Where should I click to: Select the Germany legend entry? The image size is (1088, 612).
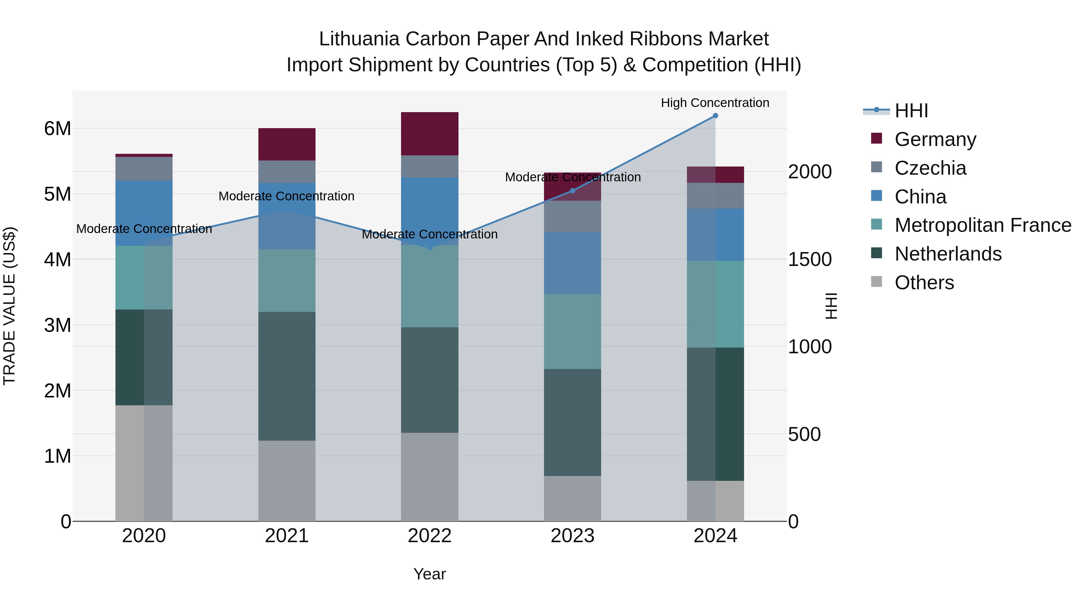(935, 139)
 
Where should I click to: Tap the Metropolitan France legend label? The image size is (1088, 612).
(983, 225)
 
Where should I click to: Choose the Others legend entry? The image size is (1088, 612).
(924, 283)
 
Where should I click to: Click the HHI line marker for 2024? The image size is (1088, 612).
(715, 116)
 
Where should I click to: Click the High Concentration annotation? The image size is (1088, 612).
(715, 103)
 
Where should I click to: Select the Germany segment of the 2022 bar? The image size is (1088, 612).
(429, 134)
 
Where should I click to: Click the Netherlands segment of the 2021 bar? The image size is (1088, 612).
(287, 376)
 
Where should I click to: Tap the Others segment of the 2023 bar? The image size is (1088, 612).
(572, 498)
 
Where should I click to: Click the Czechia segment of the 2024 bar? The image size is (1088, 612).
(715, 196)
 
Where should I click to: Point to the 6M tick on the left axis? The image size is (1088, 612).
(57, 128)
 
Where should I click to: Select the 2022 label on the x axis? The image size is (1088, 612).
(429, 536)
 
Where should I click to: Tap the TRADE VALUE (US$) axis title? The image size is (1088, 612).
(9, 306)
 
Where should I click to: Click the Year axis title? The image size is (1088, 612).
(429, 574)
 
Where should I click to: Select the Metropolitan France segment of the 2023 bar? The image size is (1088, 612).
(572, 332)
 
